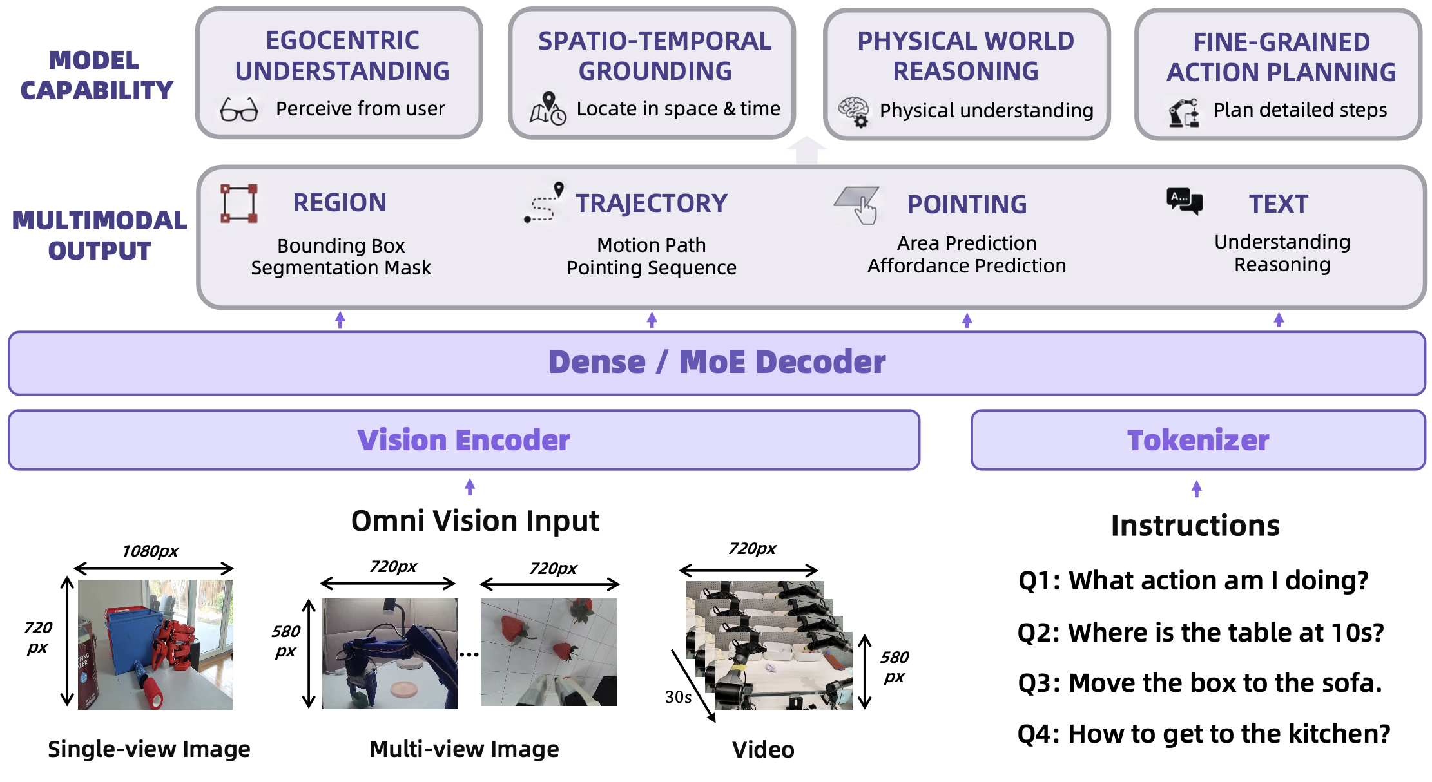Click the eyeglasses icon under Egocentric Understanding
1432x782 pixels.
[x=239, y=110]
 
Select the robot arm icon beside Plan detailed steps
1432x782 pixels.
[x=1184, y=113]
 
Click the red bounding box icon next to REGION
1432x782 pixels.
[x=239, y=204]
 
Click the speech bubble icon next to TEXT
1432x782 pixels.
[x=1185, y=201]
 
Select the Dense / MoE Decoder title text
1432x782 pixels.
[x=717, y=362]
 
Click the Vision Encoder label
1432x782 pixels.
[x=464, y=441]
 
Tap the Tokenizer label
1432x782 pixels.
[x=1198, y=441]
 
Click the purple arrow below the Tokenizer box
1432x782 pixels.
[x=1197, y=489]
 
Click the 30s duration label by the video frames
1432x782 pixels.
[x=678, y=697]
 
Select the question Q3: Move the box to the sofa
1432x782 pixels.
[x=1200, y=683]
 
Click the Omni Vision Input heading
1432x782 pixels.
[x=475, y=520]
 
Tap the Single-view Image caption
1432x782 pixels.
[x=149, y=749]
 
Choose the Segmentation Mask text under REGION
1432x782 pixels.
[x=341, y=267]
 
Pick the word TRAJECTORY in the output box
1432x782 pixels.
[x=652, y=204]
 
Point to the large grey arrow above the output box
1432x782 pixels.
[x=806, y=150]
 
